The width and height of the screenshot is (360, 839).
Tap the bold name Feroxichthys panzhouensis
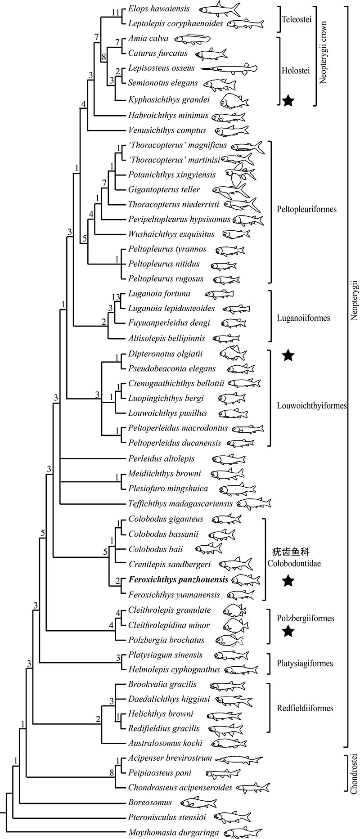(178, 580)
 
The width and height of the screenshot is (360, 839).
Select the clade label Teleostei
(295, 20)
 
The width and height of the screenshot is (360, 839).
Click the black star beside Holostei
(288, 101)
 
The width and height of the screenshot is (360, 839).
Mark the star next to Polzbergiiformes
(288, 632)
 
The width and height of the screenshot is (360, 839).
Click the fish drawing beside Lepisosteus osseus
(228, 69)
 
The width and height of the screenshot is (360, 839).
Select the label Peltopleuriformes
(306, 210)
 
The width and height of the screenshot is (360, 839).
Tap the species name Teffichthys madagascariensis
(180, 504)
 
